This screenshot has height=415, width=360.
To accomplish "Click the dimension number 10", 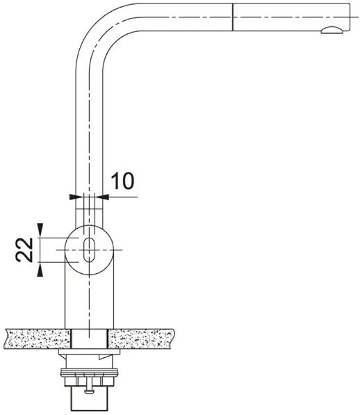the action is tap(122, 181).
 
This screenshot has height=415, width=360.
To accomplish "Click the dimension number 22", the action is tap(24, 250).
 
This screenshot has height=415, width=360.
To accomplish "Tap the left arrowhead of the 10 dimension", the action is tap(75, 197).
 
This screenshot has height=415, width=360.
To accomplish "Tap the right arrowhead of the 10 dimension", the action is tap(102, 197).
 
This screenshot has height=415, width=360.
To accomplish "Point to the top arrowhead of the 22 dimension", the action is tap(40, 229).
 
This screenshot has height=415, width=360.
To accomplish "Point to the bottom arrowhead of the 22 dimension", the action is tap(40, 270).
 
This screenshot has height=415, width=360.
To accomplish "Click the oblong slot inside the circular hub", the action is tap(90, 250).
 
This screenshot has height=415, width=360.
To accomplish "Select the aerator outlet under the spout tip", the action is tap(332, 30).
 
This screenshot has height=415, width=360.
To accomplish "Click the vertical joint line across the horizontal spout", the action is tap(232, 17).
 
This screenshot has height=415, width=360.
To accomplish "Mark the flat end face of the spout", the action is tap(350, 17).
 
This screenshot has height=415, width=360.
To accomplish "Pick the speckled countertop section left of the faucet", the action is tap(38, 339).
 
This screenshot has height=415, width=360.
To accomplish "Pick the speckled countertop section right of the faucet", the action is tap(142, 339).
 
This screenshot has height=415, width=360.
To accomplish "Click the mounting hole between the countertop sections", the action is tap(90, 339).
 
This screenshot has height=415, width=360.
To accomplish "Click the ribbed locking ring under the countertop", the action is tap(89, 373).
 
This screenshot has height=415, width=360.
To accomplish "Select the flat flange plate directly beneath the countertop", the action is tap(89, 352).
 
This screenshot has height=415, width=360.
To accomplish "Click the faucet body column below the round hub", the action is tap(90, 302).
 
